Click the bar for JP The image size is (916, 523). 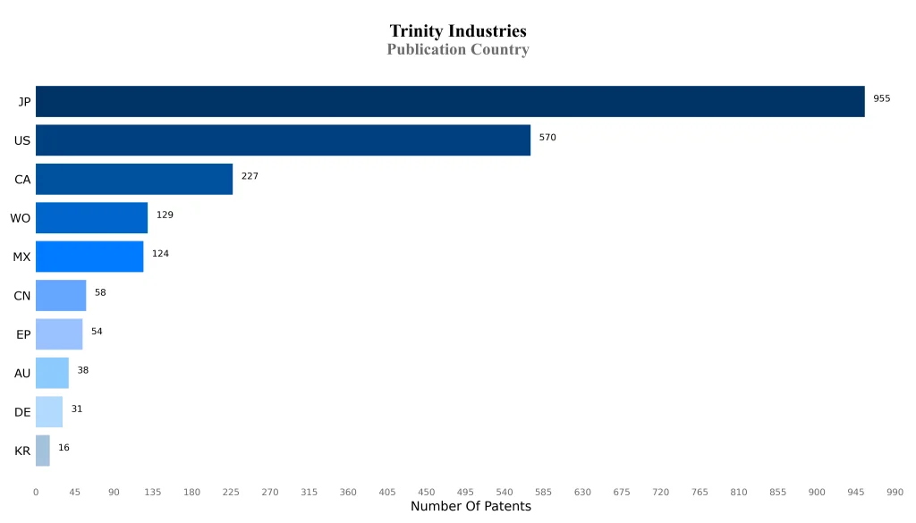(x=450, y=102)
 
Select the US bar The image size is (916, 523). (x=283, y=140)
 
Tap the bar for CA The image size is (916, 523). (x=134, y=179)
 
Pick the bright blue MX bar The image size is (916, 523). (x=89, y=257)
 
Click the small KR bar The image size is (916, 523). (x=43, y=451)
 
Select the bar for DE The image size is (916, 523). (x=49, y=412)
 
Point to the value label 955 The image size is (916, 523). (x=881, y=98)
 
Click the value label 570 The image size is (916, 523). (x=547, y=138)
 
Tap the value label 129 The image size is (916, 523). (x=165, y=215)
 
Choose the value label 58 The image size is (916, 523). (x=100, y=292)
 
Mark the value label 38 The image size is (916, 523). (x=82, y=370)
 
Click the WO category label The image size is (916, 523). (x=20, y=218)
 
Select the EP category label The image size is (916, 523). (x=23, y=334)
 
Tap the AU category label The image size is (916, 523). (x=22, y=374)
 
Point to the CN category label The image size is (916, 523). (x=22, y=296)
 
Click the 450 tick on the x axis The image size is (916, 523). (x=426, y=492)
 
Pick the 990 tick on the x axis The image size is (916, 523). (x=895, y=492)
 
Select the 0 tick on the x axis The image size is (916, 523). (x=36, y=492)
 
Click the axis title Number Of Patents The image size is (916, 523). (x=471, y=507)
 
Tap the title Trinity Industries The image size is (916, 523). (x=458, y=32)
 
